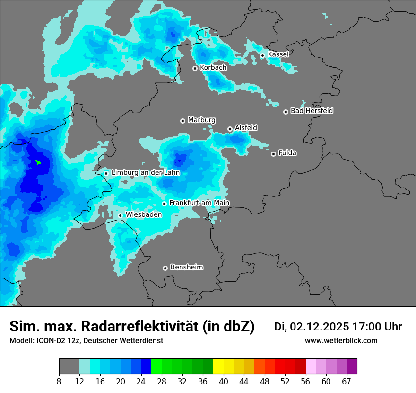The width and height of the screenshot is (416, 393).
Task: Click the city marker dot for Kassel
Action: (262, 56)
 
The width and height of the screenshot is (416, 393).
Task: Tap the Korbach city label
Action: (213, 68)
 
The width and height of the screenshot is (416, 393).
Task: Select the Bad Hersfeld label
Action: (312, 111)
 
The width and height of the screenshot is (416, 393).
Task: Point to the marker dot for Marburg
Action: (182, 121)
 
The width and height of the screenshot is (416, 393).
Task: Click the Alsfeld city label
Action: (246, 128)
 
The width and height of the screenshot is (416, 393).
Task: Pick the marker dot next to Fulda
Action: (273, 154)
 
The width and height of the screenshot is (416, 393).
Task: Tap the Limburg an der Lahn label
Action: (145, 173)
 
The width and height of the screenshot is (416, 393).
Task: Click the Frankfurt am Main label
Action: (199, 203)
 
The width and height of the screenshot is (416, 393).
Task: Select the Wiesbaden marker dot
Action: (121, 215)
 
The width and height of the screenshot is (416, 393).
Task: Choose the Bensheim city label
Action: (186, 268)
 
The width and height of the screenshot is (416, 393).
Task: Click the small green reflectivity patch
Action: (38, 162)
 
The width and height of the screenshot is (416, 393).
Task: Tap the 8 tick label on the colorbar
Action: (59, 381)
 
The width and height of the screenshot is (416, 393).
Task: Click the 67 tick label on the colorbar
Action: (347, 381)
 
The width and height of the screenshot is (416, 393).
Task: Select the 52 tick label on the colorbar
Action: (285, 381)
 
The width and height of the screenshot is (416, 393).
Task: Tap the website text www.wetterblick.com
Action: (341, 341)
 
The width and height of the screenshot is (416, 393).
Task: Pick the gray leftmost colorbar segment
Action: (69, 366)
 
